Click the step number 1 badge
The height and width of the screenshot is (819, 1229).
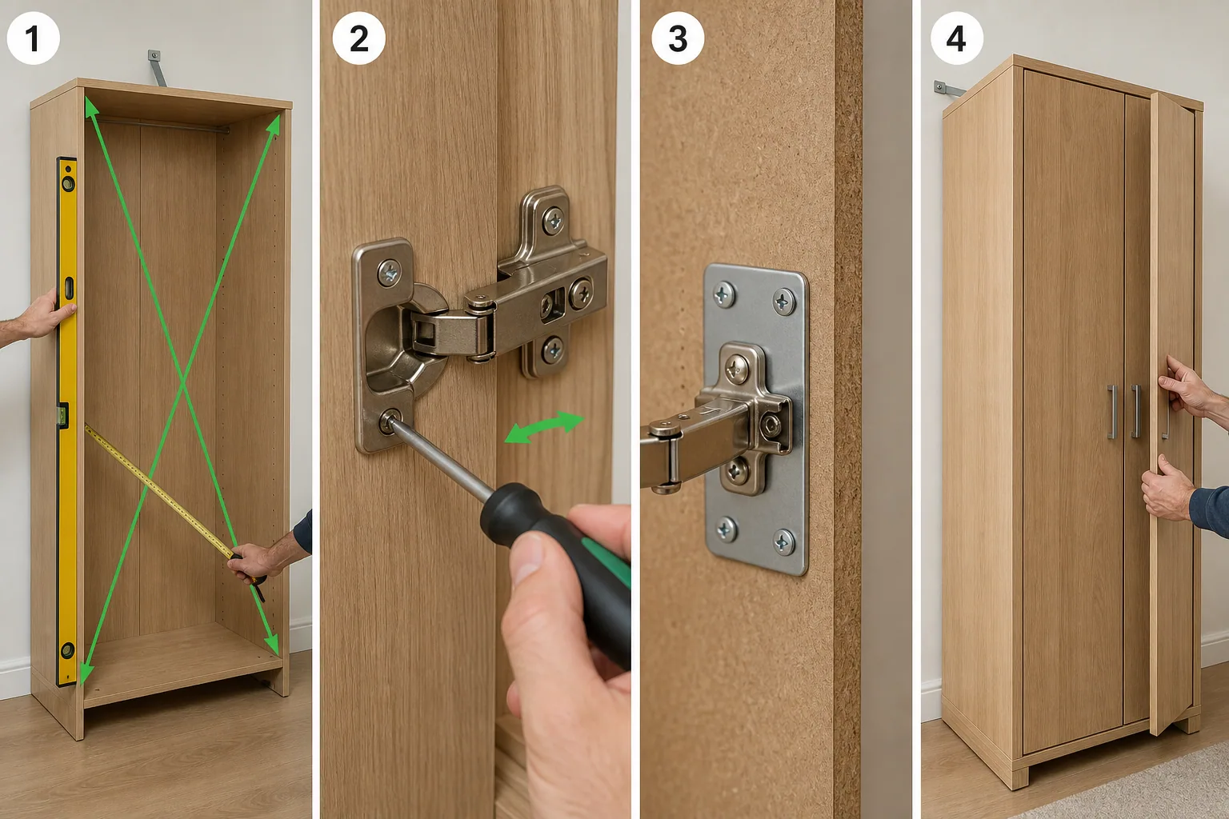[33, 38]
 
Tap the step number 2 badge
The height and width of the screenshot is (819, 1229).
[358, 38]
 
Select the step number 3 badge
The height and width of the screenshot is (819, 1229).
[678, 38]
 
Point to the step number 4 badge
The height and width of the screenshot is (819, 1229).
[957, 38]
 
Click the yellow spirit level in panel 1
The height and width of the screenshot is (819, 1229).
[67, 421]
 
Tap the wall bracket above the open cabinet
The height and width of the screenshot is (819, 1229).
[156, 68]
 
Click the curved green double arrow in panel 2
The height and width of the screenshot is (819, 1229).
[544, 426]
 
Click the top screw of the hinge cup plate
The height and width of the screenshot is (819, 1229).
[389, 273]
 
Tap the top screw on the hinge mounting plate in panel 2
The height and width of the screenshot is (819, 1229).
[553, 221]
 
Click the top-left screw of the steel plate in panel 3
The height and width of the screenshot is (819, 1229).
[724, 296]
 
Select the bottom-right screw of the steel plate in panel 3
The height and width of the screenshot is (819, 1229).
[783, 542]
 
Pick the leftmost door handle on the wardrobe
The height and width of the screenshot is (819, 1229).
[1112, 412]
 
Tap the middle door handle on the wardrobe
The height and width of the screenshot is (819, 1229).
[1135, 411]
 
